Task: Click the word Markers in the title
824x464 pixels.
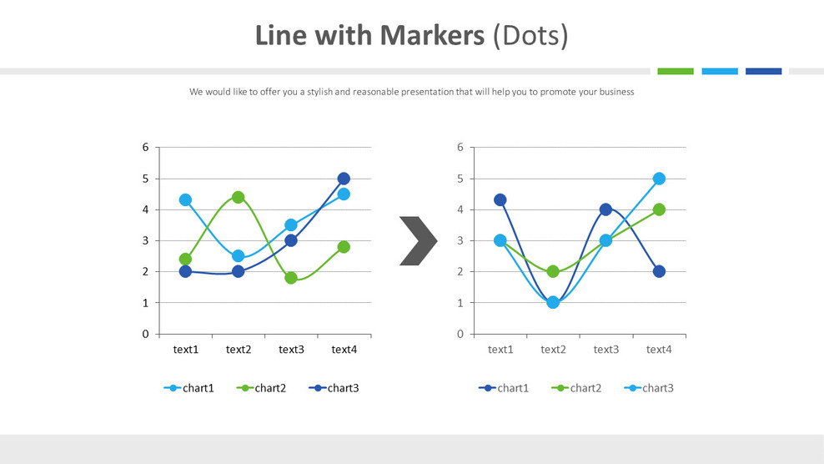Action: pos(431,36)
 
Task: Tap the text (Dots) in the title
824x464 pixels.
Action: pos(530,36)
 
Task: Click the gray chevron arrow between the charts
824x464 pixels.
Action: pos(418,241)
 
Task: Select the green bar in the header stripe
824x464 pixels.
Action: pos(675,72)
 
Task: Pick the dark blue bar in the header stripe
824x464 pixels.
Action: pos(763,72)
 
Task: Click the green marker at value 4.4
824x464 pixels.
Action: pos(239,197)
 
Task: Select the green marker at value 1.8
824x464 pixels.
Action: pos(291,278)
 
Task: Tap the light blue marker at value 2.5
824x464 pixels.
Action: pos(239,256)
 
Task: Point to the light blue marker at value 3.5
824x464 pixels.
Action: pos(291,225)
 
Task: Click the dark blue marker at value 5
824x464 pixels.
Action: pos(344,179)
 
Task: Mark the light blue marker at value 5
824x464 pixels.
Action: pos(659,179)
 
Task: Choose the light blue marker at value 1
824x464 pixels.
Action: pos(553,302)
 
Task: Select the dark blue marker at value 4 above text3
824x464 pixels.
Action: pos(605,209)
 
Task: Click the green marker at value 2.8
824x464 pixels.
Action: pos(344,247)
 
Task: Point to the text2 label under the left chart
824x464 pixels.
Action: pos(239,350)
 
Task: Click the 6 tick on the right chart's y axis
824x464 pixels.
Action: pos(460,148)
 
